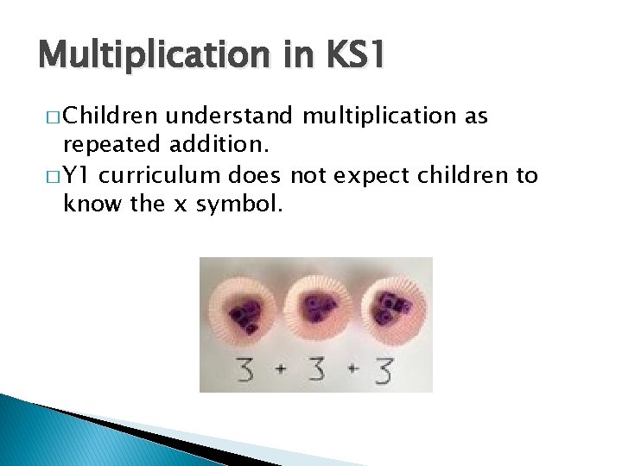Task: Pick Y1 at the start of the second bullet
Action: click(78, 176)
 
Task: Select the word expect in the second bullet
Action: click(368, 176)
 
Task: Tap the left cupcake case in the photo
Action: click(250, 310)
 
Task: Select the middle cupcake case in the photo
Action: click(316, 308)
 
